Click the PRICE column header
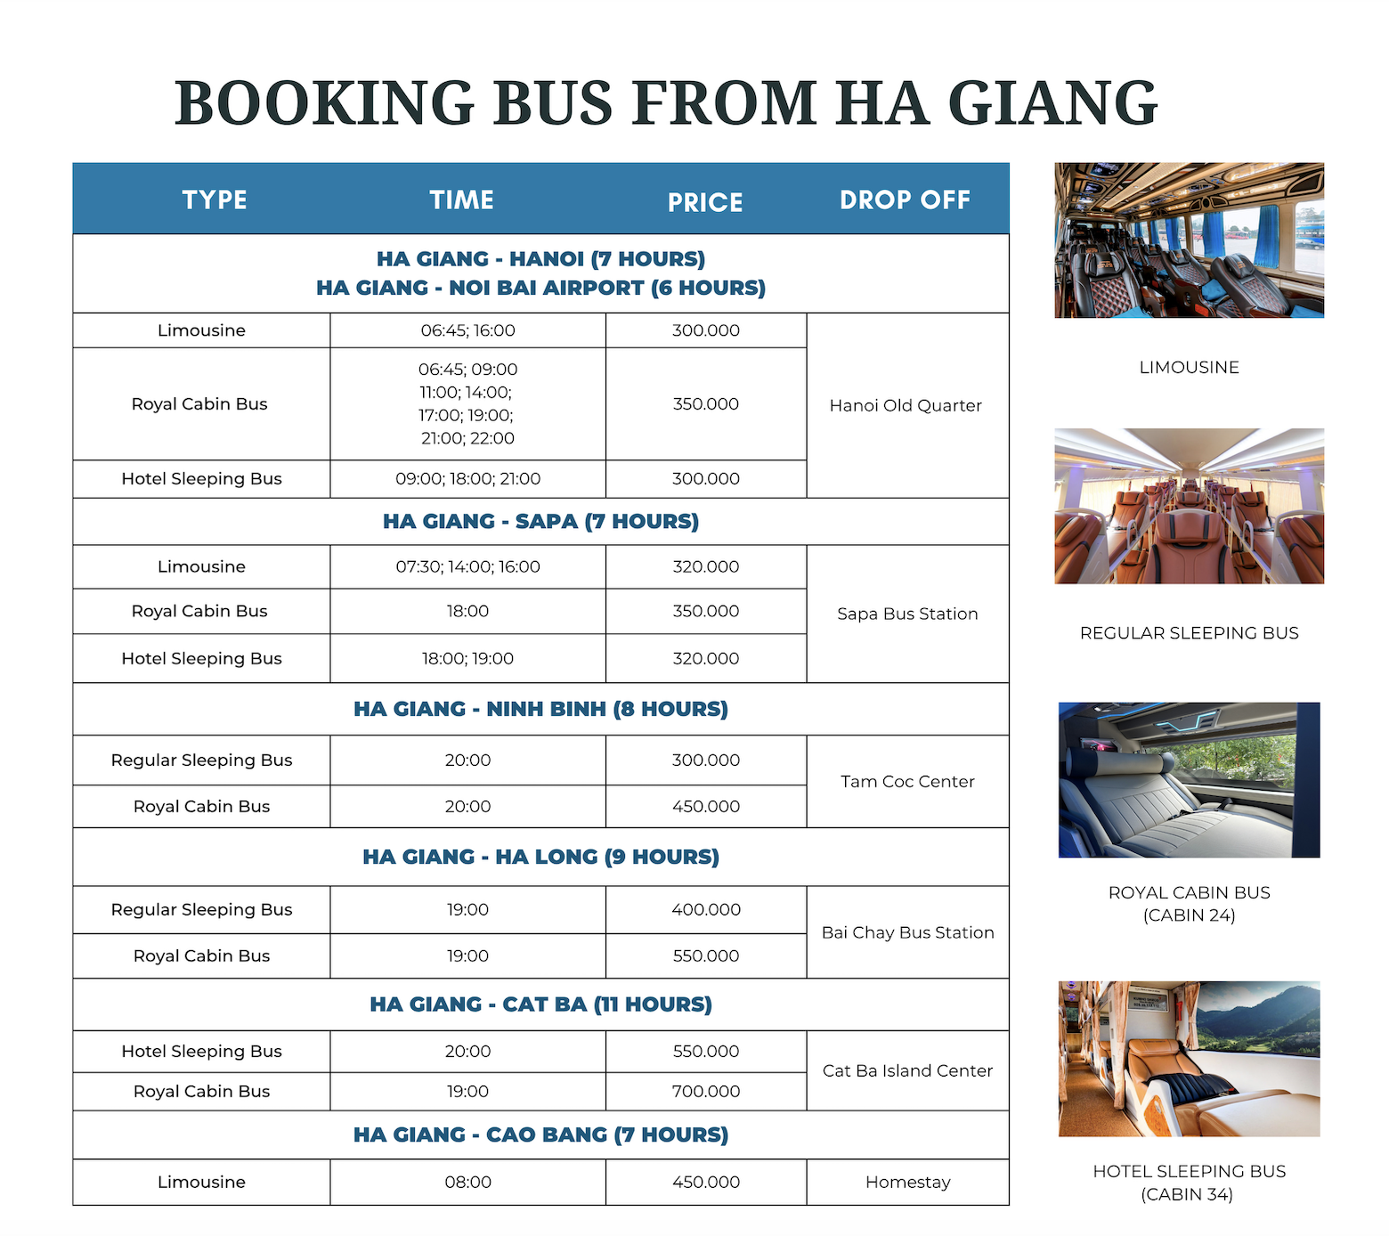coord(705,202)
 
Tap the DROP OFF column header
coord(905,200)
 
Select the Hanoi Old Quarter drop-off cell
coord(906,406)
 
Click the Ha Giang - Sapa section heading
coord(540,522)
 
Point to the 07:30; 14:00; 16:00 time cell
coord(467,567)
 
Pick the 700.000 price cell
coord(706,1092)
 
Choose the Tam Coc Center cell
coord(907,782)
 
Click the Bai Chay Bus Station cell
coord(907,933)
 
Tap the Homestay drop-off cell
coord(907,1183)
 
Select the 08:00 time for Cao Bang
coord(467,1183)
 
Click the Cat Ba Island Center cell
coord(907,1071)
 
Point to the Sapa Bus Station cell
coord(907,614)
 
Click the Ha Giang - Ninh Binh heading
coord(540,710)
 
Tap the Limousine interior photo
coord(1189,240)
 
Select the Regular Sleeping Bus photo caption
coord(1189,633)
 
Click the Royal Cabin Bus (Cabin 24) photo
coord(1189,780)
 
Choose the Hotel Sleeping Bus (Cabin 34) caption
coord(1189,1183)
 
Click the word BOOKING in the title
coord(324,103)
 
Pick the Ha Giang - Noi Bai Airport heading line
coord(540,289)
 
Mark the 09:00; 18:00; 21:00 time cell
coord(467,479)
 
